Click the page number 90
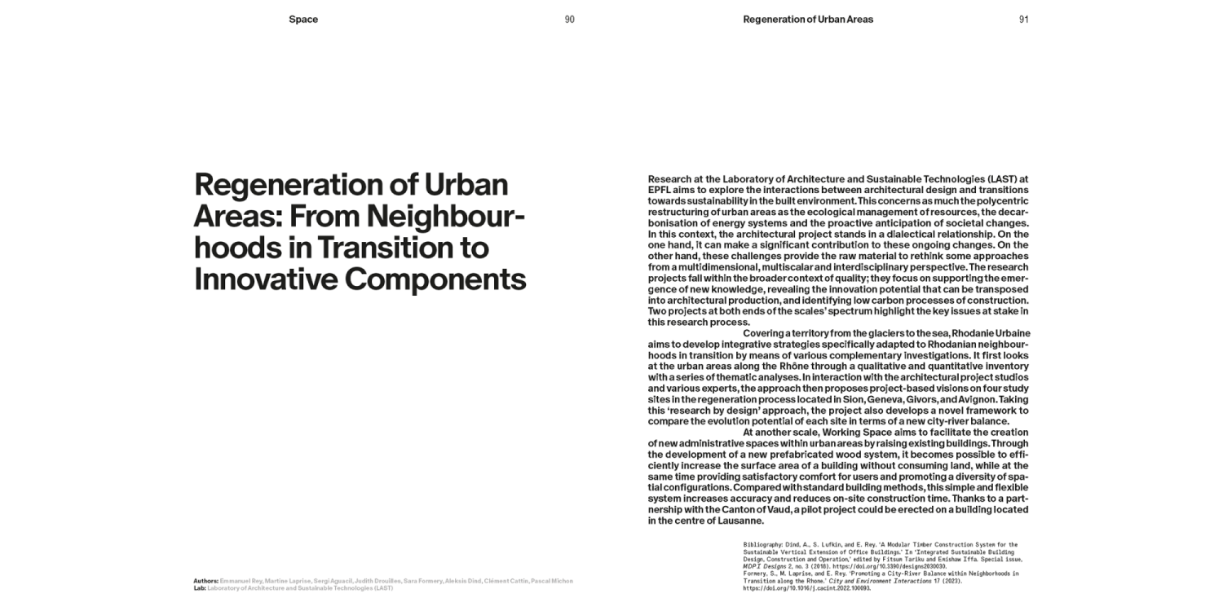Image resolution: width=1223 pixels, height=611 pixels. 569,20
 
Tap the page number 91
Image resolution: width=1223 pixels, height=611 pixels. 1023,20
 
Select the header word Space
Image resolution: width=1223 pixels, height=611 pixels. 303,20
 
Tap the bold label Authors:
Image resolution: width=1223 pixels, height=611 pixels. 206,581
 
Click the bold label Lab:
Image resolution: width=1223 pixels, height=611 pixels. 200,587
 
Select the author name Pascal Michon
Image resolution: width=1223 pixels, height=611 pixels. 554,581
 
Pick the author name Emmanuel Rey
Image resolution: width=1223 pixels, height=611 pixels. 241,581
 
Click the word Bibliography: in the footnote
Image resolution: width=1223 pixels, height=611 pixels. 763,543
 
